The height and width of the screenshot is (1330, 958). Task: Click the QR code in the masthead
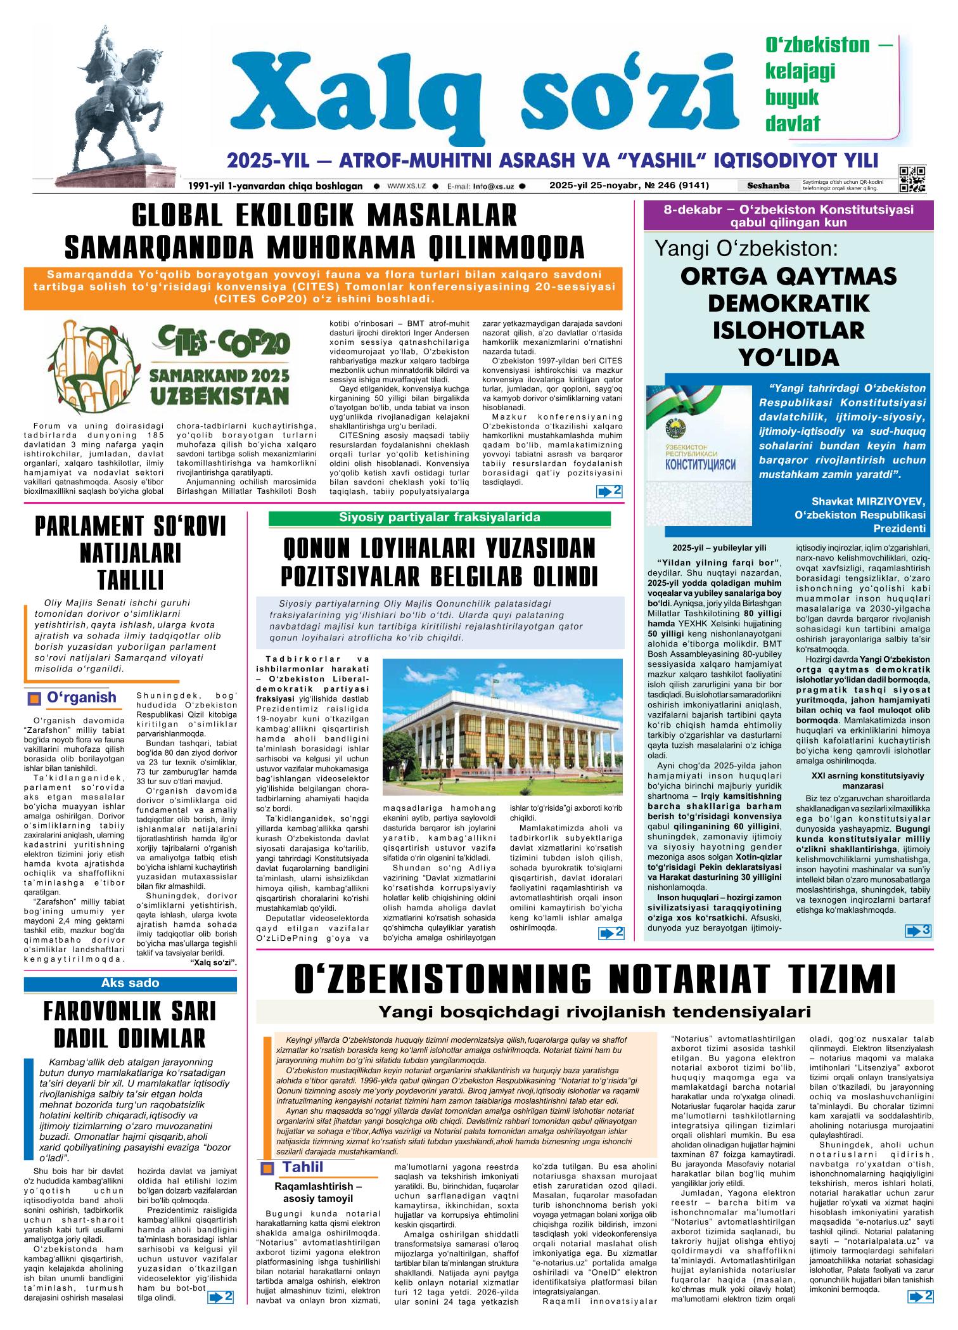(x=912, y=179)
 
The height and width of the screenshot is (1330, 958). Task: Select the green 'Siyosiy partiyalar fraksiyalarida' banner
(x=440, y=517)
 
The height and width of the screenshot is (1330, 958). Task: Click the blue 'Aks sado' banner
(x=131, y=983)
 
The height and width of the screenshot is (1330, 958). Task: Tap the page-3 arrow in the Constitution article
(x=918, y=930)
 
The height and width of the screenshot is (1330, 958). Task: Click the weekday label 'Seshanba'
(x=768, y=186)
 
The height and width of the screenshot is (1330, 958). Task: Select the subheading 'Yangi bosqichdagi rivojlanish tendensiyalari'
(x=594, y=1011)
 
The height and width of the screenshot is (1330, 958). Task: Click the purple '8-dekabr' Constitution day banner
(x=788, y=216)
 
